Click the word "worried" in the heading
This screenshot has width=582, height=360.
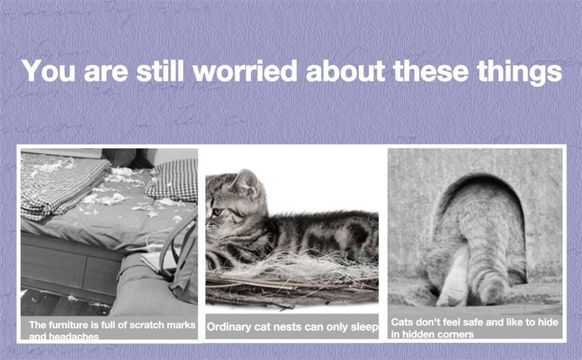pyautogui.click(x=245, y=71)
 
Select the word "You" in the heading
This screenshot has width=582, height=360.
pyautogui.click(x=49, y=71)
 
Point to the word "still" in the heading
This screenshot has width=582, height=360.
pyautogui.click(x=160, y=71)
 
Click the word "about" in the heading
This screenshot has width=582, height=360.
pyautogui.click(x=345, y=71)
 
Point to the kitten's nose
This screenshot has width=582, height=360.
pyautogui.click(x=208, y=226)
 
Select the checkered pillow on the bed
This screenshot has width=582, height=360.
pyautogui.click(x=173, y=179)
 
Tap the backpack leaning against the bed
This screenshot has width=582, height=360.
pyautogui.click(x=182, y=260)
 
